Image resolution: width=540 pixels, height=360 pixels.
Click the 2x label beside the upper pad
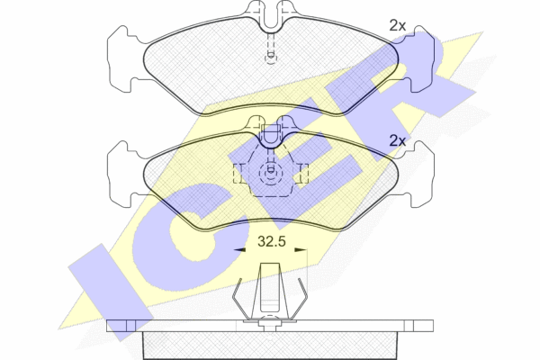398,26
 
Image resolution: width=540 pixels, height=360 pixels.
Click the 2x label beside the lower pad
398,141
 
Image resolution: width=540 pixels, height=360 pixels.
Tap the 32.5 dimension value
272,241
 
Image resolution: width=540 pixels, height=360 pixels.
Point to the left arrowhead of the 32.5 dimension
239,250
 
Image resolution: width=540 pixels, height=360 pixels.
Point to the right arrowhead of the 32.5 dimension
301,250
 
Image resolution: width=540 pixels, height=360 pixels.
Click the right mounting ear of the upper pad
421,58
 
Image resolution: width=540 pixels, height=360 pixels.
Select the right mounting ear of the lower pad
421,174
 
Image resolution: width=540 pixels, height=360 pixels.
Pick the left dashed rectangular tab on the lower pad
238,174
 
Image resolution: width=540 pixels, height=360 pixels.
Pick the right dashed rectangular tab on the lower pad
303,174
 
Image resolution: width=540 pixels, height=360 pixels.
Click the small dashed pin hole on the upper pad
271,58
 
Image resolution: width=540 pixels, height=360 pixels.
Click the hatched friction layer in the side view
270,346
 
